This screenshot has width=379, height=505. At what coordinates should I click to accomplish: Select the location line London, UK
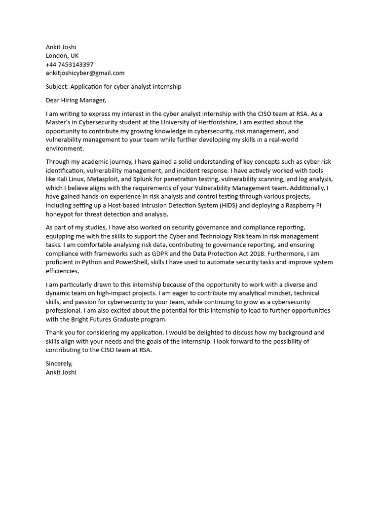click(x=62, y=56)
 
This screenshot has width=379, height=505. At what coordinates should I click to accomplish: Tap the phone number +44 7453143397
click(x=70, y=65)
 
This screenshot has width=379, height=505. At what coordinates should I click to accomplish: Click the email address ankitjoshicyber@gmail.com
click(x=85, y=73)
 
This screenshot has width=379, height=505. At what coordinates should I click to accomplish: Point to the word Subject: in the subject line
click(x=57, y=87)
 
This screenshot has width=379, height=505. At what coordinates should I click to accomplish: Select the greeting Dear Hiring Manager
click(x=76, y=101)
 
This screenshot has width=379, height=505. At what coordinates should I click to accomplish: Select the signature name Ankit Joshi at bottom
click(x=61, y=372)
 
